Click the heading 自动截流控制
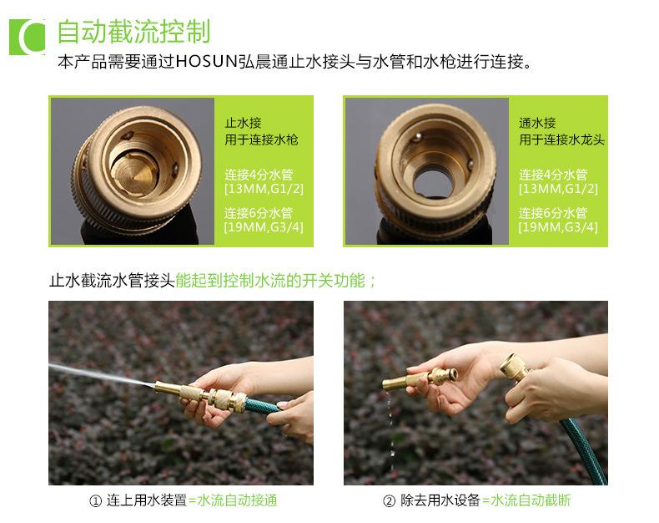[133, 31]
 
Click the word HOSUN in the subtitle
[207, 62]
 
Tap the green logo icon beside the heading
[27, 37]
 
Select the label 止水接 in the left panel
[243, 123]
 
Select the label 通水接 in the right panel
[537, 123]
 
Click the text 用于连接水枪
[261, 140]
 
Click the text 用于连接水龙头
[561, 140]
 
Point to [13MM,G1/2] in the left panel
[264, 188]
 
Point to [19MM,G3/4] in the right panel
[558, 227]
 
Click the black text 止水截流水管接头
[112, 281]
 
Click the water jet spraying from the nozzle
[102, 375]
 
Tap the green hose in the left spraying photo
[262, 405]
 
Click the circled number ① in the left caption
[95, 500]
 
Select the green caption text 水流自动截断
[531, 500]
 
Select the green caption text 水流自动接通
[237, 500]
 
